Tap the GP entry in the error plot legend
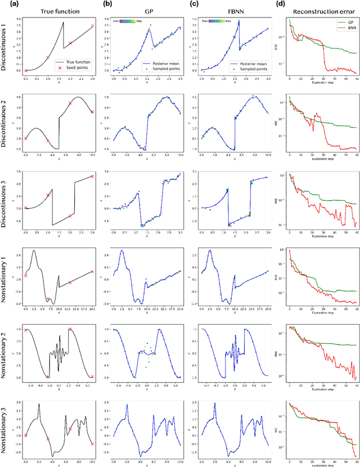(342, 21)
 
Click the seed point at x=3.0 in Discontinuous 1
(92, 26)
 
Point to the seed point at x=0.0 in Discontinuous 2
(26, 138)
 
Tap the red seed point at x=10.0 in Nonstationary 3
(92, 444)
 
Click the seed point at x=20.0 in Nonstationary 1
(92, 271)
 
